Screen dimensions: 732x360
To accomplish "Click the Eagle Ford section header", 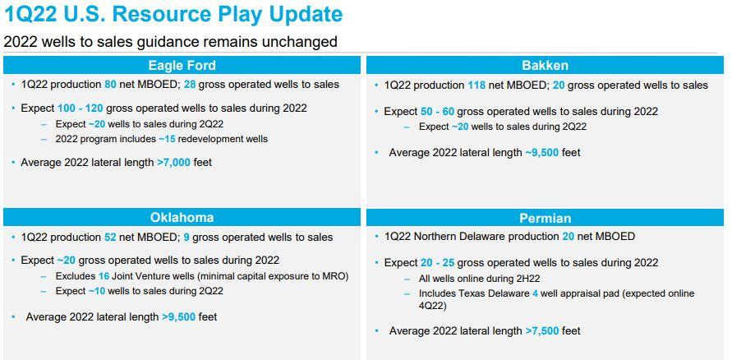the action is click(182, 66).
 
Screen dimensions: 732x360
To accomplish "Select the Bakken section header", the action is click(545, 66).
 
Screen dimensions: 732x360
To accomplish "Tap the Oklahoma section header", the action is click(182, 217).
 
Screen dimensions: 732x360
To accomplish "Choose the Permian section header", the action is click(546, 218).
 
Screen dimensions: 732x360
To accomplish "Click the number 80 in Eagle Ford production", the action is click(110, 85).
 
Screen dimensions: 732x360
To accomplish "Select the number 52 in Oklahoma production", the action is click(110, 238).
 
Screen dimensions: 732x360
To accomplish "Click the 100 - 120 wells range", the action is click(81, 108).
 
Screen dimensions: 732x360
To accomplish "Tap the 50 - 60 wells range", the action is click(437, 112).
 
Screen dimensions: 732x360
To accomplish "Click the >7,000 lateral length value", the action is click(173, 163).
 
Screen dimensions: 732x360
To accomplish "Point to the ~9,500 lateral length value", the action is click(542, 153).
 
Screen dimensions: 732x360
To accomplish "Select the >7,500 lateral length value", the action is click(542, 331).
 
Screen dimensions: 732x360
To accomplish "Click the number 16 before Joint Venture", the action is click(104, 276).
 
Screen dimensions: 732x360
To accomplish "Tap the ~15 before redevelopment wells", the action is click(167, 139).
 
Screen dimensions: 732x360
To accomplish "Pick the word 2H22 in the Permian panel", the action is click(527, 279).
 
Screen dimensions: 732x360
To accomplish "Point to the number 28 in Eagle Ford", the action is click(190, 85).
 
